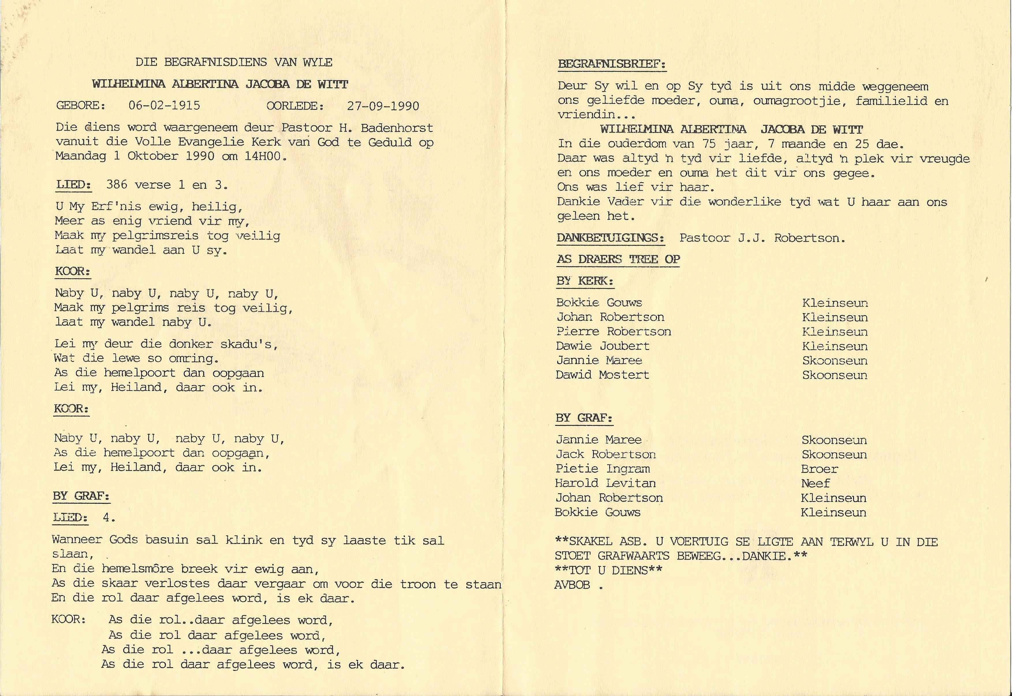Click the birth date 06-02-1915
[x=164, y=106]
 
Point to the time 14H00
[x=264, y=156]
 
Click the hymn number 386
[x=117, y=185]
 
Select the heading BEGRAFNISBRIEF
[x=611, y=64]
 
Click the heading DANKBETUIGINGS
[x=610, y=238]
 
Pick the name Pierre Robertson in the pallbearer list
[x=613, y=332]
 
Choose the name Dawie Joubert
[x=602, y=346]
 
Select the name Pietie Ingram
[x=602, y=469]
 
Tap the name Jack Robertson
[x=605, y=454]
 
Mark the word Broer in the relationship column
[x=819, y=469]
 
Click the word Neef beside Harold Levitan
[x=815, y=484]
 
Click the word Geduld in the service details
[x=390, y=142]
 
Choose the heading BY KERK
[x=584, y=281]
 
